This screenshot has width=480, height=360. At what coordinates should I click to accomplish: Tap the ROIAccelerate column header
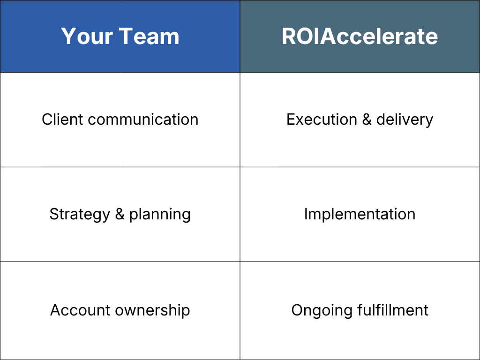pyautogui.click(x=360, y=36)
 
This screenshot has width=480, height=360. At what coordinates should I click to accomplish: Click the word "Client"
pyautogui.click(x=62, y=120)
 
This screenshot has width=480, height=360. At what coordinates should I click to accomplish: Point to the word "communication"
pyautogui.click(x=143, y=120)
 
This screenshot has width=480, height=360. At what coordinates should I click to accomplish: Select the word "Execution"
pyautogui.click(x=322, y=120)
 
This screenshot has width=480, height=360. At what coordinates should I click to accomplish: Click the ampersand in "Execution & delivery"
pyautogui.click(x=367, y=120)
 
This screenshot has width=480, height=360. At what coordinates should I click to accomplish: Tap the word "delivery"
pyautogui.click(x=405, y=120)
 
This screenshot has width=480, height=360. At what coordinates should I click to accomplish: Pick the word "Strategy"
pyautogui.click(x=80, y=214)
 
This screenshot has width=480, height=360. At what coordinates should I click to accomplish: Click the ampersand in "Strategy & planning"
pyautogui.click(x=120, y=214)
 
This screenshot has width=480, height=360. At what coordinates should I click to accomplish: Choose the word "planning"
pyautogui.click(x=160, y=214)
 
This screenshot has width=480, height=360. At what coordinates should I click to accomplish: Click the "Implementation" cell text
pyautogui.click(x=360, y=214)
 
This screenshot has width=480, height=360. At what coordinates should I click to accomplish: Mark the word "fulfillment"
pyautogui.click(x=390, y=310)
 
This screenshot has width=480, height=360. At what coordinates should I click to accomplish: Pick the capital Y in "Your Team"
pyautogui.click(x=67, y=36)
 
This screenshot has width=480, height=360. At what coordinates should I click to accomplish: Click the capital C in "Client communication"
pyautogui.click(x=46, y=120)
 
